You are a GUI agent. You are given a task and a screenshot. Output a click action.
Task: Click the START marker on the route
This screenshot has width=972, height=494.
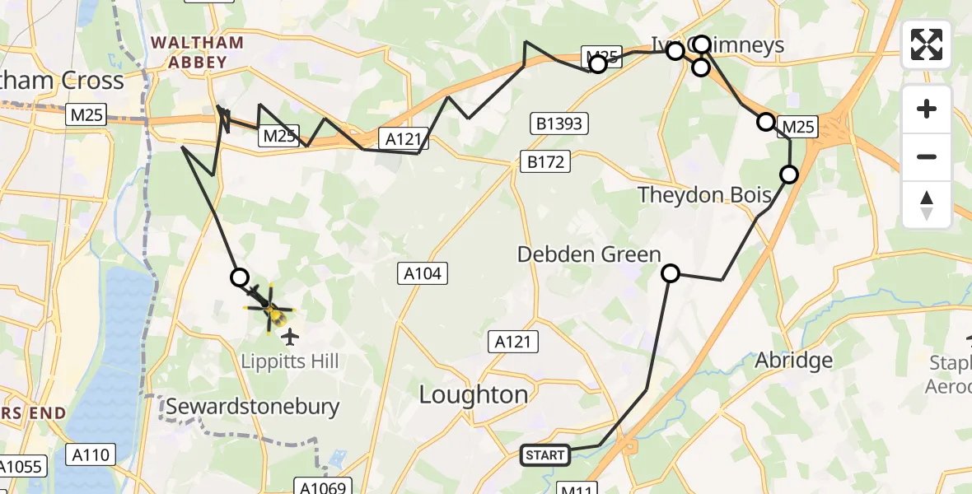pos(545,454)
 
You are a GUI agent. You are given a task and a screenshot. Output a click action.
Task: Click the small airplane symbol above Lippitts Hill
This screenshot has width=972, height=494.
pos(289,336)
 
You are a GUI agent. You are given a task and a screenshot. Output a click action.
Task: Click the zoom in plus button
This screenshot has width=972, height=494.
pos(927,109)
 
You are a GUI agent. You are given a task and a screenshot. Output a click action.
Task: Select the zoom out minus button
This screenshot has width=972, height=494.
pos(927,156)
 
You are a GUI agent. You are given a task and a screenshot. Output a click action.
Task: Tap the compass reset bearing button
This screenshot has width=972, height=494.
pos(927,204)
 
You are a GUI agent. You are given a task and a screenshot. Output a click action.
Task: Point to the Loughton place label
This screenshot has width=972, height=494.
pos(474,394)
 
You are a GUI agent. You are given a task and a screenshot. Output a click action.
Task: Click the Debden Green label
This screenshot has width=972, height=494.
pos(589,254)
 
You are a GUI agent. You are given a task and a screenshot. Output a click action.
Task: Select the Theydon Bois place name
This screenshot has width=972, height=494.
pos(706,195)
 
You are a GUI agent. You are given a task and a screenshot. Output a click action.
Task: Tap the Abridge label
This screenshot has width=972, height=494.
pos(793,360)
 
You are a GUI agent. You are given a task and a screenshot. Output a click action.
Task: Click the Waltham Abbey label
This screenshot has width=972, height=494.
pos(195,51)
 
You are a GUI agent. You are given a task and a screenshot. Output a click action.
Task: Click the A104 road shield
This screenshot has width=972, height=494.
pos(423,273)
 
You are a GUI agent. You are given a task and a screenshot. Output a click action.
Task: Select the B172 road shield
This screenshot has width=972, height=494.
pos(546,161)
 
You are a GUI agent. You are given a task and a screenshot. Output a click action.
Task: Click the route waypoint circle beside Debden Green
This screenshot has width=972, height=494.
pos(671,273)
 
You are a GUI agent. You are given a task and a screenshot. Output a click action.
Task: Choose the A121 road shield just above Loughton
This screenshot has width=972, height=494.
pos(513,342)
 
